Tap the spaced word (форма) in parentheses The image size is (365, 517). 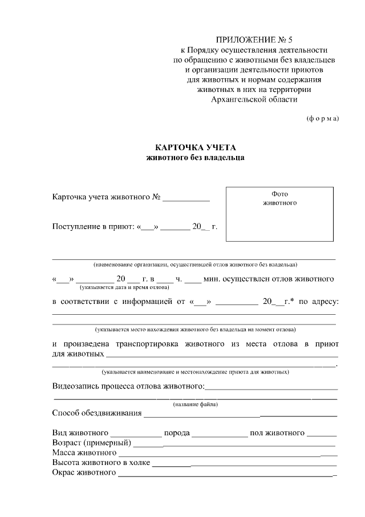[x=322, y=118]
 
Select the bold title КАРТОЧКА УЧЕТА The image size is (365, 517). [x=196, y=147]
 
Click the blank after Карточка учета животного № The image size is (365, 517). [x=186, y=199]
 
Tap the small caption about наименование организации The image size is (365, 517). [x=195, y=264]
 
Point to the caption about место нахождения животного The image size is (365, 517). [x=195, y=330]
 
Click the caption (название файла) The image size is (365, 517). [x=195, y=404]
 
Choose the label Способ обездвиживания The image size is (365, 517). [x=96, y=413]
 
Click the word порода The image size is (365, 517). [x=177, y=432]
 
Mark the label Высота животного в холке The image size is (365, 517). [x=101, y=463]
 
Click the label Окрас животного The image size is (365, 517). [x=84, y=473]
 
